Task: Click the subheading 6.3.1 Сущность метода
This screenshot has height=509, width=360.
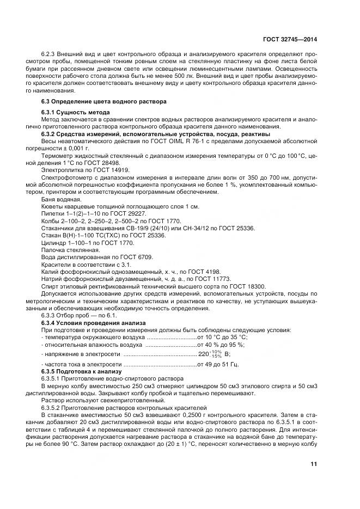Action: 72,112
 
